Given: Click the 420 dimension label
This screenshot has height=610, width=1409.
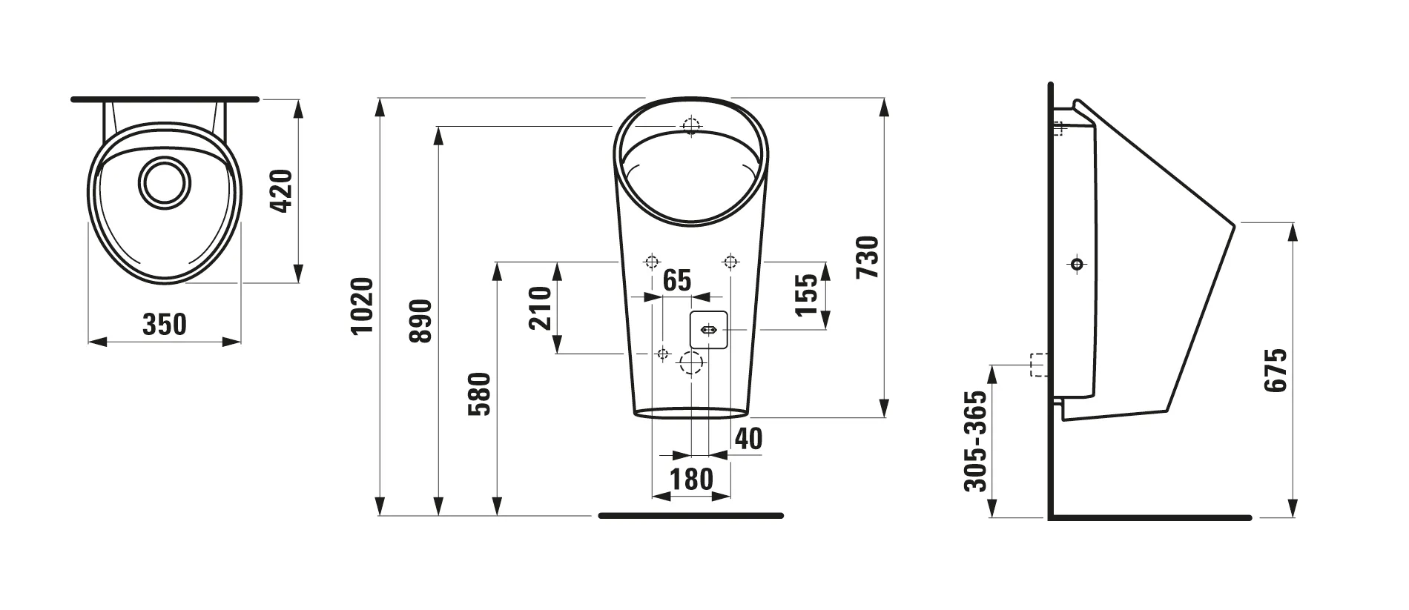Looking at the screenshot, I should coord(282,191).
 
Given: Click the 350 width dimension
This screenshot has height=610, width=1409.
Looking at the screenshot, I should coord(164,325).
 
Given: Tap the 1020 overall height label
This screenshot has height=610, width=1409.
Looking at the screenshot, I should coord(361,305).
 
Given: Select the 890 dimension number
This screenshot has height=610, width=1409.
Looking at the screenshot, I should coord(420,320).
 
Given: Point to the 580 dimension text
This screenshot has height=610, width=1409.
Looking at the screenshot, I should coord(480,394).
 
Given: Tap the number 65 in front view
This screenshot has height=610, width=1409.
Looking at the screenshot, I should coord(676,281).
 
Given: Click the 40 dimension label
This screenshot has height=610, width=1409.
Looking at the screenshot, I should coord(748,439).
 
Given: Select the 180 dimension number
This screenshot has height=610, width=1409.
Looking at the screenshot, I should coord(691,480).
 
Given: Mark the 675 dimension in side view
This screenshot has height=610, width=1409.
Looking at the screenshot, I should coord(1276,370).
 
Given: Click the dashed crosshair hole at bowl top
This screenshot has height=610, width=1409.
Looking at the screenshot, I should coord(691,126).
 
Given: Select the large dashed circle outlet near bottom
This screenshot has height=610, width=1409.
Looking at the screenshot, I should coord(691,363).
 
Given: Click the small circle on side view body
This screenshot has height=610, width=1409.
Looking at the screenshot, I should coord(1078,264).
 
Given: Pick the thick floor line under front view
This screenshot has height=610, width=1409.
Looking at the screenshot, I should coord(690,516).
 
